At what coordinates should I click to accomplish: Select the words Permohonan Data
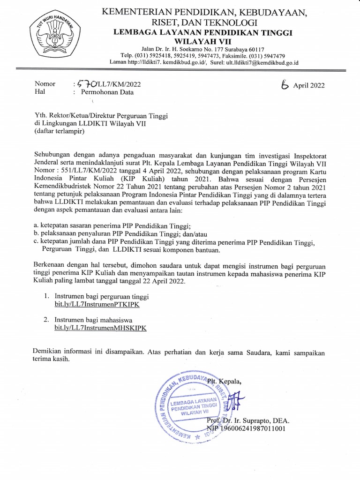tap(107, 92)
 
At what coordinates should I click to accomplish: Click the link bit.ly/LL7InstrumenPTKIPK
tap(97, 305)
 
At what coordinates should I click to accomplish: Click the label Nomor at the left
tap(45, 84)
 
